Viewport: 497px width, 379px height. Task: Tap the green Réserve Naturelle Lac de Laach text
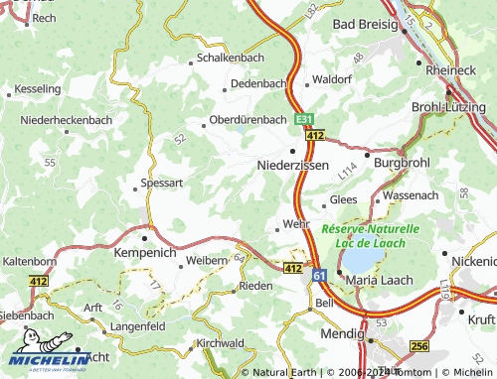point(371,235)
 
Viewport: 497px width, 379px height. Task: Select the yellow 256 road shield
point(419,346)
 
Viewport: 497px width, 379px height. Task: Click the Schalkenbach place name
point(229,59)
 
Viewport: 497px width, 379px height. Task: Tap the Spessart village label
point(162,184)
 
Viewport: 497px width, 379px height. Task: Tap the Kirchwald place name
point(220,342)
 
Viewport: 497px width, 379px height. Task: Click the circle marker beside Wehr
point(278,230)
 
